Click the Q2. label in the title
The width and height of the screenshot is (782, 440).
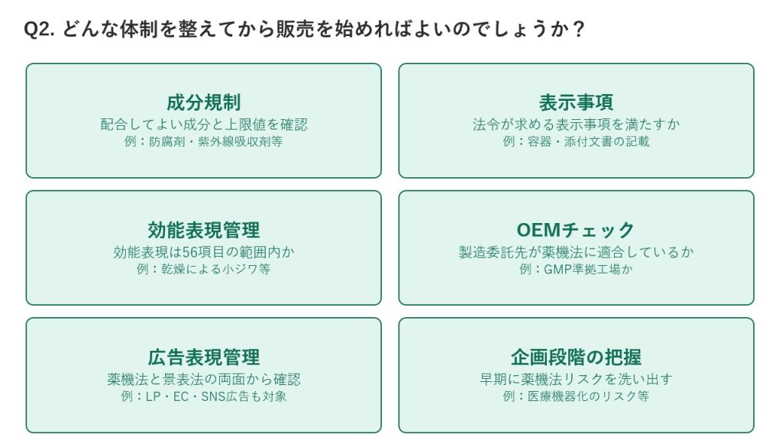click(x=40, y=30)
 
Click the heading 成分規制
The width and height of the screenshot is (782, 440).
click(x=203, y=102)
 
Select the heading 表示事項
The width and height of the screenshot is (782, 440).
click(x=576, y=102)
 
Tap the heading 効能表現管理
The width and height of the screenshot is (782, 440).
click(x=203, y=230)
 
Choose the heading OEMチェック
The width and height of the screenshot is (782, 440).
click(x=576, y=230)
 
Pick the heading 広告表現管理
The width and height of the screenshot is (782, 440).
click(x=203, y=357)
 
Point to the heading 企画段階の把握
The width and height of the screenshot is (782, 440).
click(x=576, y=357)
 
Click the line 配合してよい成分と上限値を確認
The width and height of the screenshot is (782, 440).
click(x=203, y=125)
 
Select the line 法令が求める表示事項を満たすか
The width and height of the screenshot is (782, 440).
click(x=576, y=125)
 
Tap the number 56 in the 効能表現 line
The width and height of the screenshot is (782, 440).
click(x=190, y=252)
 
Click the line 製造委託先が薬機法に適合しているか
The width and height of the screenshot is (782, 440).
click(x=576, y=252)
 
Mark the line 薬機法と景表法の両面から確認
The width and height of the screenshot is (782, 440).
click(x=203, y=379)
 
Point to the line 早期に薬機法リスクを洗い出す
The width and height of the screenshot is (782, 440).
click(x=576, y=379)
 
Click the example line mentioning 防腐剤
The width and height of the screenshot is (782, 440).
click(x=203, y=141)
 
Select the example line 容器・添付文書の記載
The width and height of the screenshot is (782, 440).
click(x=576, y=141)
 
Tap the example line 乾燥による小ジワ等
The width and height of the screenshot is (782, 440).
click(x=203, y=270)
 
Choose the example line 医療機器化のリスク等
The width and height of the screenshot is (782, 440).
click(x=576, y=396)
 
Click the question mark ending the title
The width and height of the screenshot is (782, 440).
click(x=578, y=30)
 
